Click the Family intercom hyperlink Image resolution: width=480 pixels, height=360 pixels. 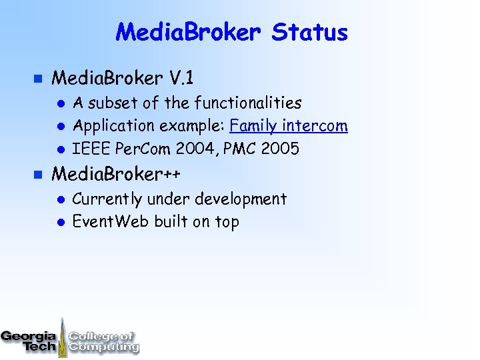(288, 125)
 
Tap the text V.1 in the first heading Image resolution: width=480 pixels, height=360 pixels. (181, 79)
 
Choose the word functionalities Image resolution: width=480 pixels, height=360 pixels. (248, 103)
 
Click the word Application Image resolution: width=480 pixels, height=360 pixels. (111, 125)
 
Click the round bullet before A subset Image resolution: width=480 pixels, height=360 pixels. (59, 103)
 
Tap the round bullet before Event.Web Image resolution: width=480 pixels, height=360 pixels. (59, 222)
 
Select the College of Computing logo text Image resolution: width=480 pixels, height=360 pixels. (103, 341)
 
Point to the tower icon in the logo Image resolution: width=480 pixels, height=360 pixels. (63, 337)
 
